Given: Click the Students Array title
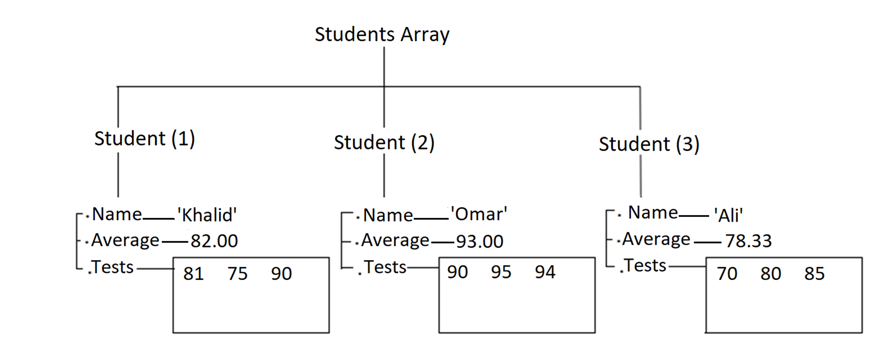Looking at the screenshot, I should click(x=382, y=35).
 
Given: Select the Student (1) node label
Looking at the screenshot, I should click(x=144, y=139).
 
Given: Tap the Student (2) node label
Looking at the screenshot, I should click(x=384, y=143).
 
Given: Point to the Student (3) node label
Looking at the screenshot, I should click(x=649, y=145).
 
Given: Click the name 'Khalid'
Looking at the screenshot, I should click(x=207, y=215).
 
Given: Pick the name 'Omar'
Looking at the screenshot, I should click(x=479, y=214).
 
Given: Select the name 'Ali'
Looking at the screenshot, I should click(x=728, y=216).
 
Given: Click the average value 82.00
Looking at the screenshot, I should click(x=214, y=241).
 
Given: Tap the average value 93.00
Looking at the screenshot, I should click(x=480, y=241).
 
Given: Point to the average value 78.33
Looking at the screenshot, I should click(x=748, y=241).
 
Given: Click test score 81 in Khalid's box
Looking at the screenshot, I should click(x=193, y=274).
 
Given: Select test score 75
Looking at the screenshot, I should click(x=237, y=274).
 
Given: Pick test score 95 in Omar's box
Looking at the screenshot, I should click(x=501, y=272).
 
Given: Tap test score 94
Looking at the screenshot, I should click(x=545, y=272).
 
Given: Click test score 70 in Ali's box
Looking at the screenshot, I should click(x=727, y=274).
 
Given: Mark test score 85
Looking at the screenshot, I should click(x=815, y=274).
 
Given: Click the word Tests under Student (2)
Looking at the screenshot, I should click(x=385, y=267).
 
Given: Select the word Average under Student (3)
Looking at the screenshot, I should click(x=656, y=239).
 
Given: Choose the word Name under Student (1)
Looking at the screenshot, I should click(x=117, y=214).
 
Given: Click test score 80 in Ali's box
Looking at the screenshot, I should click(x=771, y=274).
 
